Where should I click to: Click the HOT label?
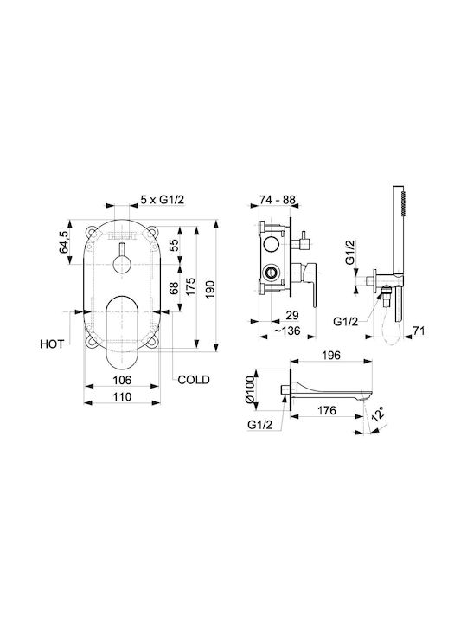click(x=52, y=344)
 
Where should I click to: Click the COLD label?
click(x=194, y=380)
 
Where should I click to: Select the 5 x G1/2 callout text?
click(x=163, y=200)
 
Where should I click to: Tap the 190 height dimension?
click(x=210, y=289)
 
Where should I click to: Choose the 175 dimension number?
click(x=191, y=286)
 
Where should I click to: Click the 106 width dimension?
click(x=122, y=380)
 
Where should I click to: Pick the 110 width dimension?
click(x=122, y=397)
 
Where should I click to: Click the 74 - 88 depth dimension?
click(x=278, y=200)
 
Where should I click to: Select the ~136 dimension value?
click(x=287, y=331)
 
